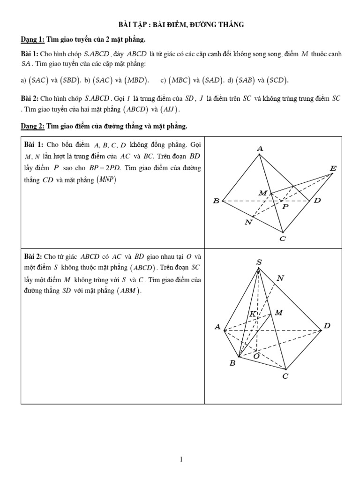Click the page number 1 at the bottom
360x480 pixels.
(180, 447)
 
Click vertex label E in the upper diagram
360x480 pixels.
(333, 168)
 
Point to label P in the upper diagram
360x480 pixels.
(285, 206)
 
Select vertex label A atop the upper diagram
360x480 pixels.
(260, 149)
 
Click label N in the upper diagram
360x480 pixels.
(248, 222)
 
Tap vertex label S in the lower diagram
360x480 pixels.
(259, 262)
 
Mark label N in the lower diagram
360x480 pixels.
(280, 278)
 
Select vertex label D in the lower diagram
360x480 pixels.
(327, 325)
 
